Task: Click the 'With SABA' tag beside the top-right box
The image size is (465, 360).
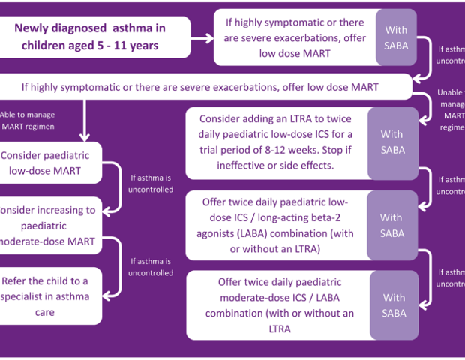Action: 396,37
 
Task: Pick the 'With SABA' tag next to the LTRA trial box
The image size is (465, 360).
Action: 391,142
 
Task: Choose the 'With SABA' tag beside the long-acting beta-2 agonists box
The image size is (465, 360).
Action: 391,225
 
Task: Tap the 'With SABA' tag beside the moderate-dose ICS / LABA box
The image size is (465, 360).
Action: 394,305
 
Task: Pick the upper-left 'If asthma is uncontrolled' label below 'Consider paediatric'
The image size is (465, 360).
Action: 151,184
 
